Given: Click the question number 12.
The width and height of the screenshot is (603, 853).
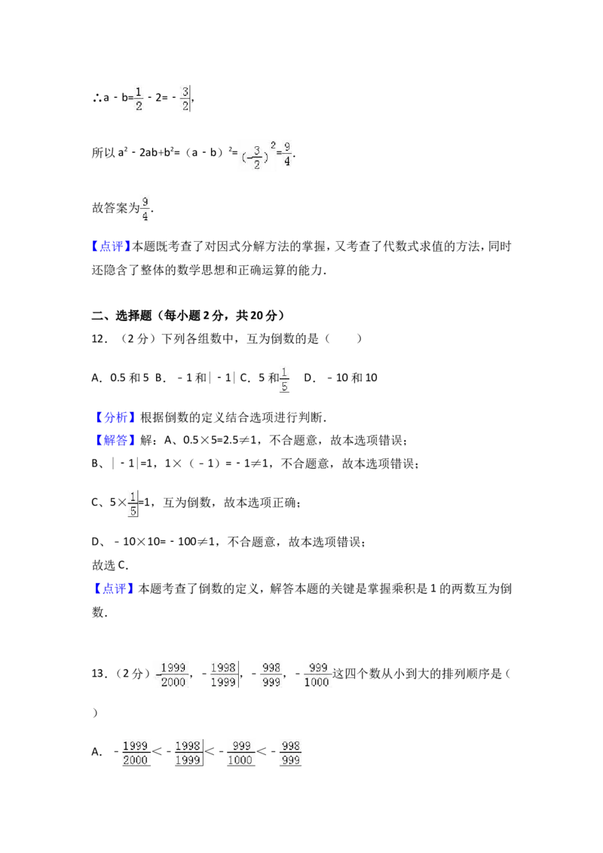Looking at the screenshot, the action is pos(99,339).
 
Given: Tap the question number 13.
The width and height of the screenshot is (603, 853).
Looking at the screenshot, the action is pos(99,674).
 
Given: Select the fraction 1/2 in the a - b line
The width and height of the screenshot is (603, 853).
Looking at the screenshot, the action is pos(139,98).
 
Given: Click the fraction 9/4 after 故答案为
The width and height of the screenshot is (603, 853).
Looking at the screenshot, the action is pos(145,209).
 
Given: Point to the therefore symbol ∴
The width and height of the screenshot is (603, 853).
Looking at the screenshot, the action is pos(97,98).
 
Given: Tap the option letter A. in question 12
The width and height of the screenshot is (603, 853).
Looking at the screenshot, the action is pos(97,378).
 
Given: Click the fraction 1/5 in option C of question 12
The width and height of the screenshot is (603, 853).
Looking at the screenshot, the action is pos(285,380).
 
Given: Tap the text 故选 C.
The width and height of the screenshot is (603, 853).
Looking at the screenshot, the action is pos(110,565).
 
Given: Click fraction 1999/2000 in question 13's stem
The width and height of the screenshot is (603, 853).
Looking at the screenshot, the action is pos(173,674).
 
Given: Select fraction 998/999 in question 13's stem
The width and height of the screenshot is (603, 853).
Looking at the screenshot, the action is pos(271,674).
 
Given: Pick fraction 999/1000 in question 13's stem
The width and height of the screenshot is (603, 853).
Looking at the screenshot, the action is pos(317,674).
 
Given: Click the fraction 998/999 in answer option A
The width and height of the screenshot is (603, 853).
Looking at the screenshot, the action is pos(291,753).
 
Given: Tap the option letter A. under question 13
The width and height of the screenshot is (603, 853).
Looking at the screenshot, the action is pos(97,752).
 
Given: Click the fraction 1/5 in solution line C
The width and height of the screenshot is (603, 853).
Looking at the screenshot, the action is pos(133,504).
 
